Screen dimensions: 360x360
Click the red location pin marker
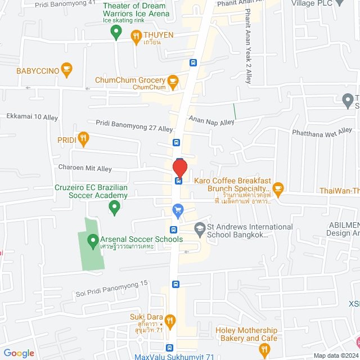point(179,168)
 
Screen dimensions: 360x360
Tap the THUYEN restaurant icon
point(136,37)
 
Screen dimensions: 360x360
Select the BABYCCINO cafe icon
point(67,70)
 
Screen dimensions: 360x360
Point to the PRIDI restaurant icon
point(84,138)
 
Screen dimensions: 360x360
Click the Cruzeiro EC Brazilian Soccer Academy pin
point(114,208)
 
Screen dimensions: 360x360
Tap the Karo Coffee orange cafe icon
point(278,187)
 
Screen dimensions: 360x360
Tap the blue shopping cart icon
point(178,211)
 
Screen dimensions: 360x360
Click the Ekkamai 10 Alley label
point(32,116)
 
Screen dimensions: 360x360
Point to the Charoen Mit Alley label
point(85,168)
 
